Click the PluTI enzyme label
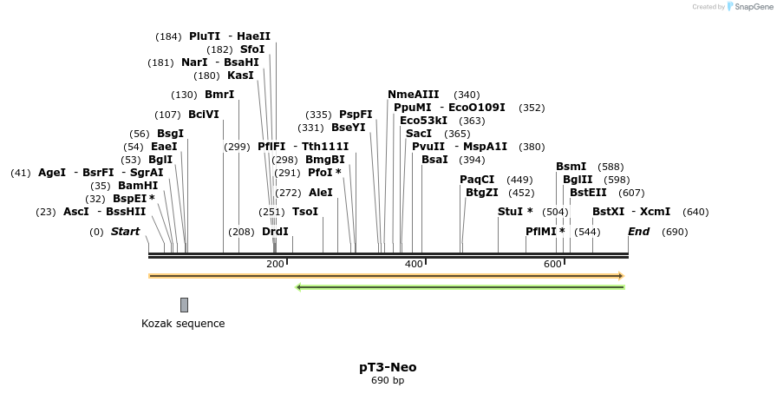click(205, 36)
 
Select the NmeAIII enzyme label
click(413, 95)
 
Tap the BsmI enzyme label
click(571, 167)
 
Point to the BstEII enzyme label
click(588, 193)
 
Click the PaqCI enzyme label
click(477, 180)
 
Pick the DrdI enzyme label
click(275, 232)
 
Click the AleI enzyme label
click(320, 193)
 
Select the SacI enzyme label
click(419, 134)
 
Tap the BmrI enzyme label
click(219, 95)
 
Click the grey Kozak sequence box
click(184, 305)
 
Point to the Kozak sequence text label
click(183, 324)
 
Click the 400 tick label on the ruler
click(414, 264)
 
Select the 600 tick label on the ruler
click(552, 264)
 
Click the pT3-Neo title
click(388, 367)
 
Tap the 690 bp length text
click(388, 380)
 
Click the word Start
click(125, 232)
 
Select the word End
click(638, 232)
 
